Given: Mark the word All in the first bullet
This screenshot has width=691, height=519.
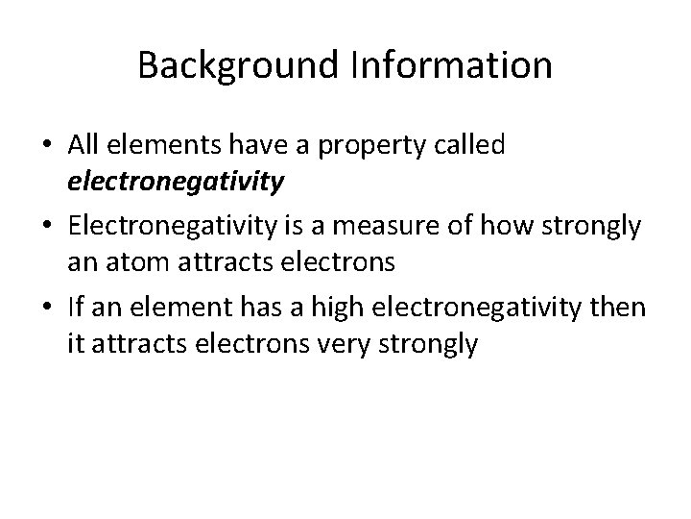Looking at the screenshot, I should coord(82,145).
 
